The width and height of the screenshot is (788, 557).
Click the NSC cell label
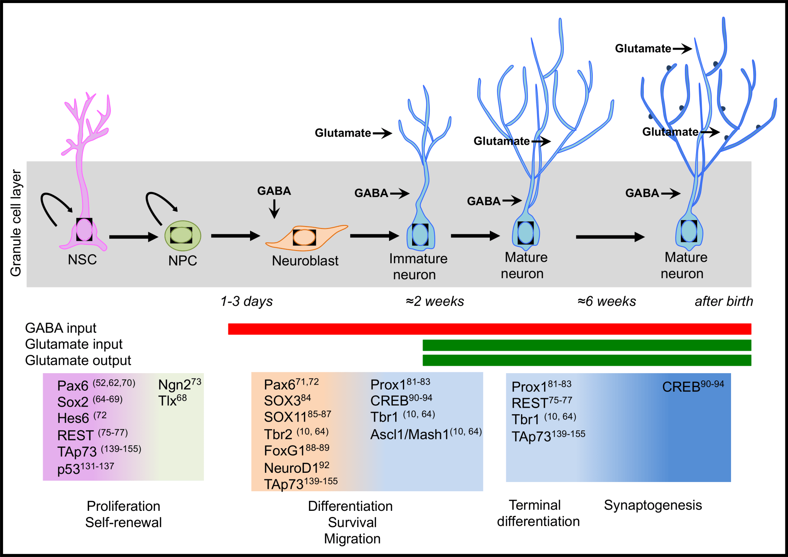82,260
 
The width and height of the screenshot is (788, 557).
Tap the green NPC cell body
182,235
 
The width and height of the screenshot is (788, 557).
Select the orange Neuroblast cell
305,237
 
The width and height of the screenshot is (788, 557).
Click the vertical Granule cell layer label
15,223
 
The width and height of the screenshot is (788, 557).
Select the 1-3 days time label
246,301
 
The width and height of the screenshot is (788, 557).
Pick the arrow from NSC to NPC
133,237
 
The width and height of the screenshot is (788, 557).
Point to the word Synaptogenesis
653,505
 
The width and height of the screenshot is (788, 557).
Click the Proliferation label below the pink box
123,506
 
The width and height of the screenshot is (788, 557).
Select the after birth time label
723,301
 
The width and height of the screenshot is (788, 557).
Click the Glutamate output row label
78,360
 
